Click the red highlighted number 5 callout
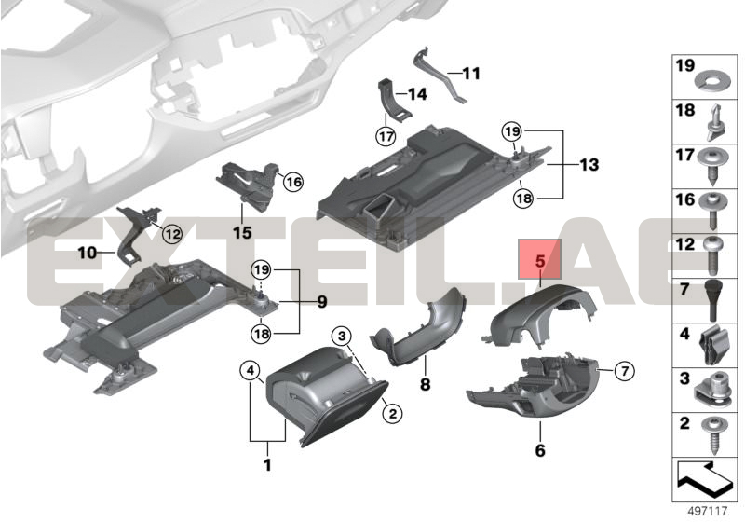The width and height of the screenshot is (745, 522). (x=539, y=259)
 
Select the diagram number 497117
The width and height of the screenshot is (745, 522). (x=708, y=511)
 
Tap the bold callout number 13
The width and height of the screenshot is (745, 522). (x=589, y=165)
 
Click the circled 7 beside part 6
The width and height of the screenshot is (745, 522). (x=624, y=370)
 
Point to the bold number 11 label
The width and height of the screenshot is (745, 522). (x=471, y=74)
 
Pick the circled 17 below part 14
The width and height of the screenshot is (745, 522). (x=386, y=136)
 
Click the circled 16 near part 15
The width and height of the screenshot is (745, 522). (x=293, y=182)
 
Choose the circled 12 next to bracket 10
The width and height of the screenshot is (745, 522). (x=172, y=233)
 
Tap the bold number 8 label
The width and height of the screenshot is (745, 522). (x=425, y=384)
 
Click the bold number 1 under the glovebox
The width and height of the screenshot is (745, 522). (x=267, y=464)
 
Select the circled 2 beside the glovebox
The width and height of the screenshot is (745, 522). (x=392, y=414)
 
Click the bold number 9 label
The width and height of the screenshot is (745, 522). (x=321, y=301)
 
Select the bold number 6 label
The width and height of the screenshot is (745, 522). (x=540, y=449)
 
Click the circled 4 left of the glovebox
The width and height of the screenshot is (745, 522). (x=251, y=370)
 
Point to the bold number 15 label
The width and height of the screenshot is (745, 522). (x=242, y=233)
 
